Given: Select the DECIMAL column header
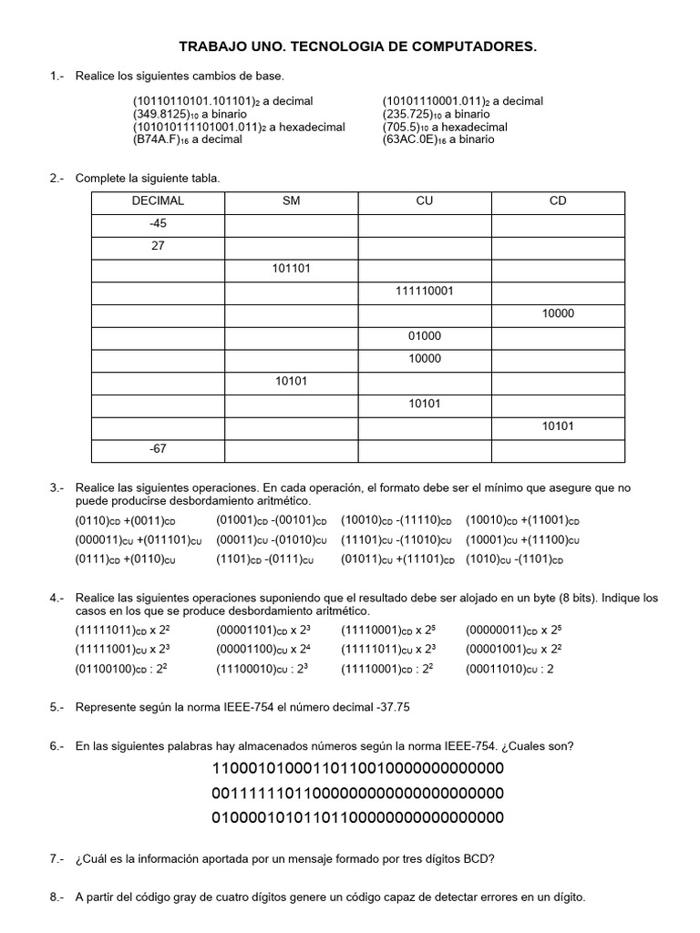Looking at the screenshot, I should point(158,201).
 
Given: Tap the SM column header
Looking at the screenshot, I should point(291,201).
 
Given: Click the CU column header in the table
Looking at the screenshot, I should point(424,201).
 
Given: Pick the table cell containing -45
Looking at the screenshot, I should point(158,223).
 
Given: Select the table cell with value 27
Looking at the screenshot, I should point(158,246).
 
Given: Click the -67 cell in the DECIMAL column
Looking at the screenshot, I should point(158,448).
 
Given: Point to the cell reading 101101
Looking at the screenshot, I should point(291,269).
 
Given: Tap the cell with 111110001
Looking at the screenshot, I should point(424,292).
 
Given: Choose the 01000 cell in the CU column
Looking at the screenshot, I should point(424,336).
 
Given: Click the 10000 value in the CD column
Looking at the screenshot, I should point(558,313).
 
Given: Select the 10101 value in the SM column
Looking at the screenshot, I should point(291,381).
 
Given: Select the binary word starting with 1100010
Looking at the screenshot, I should point(357,769).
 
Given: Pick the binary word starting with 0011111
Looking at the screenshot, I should point(357,793).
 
